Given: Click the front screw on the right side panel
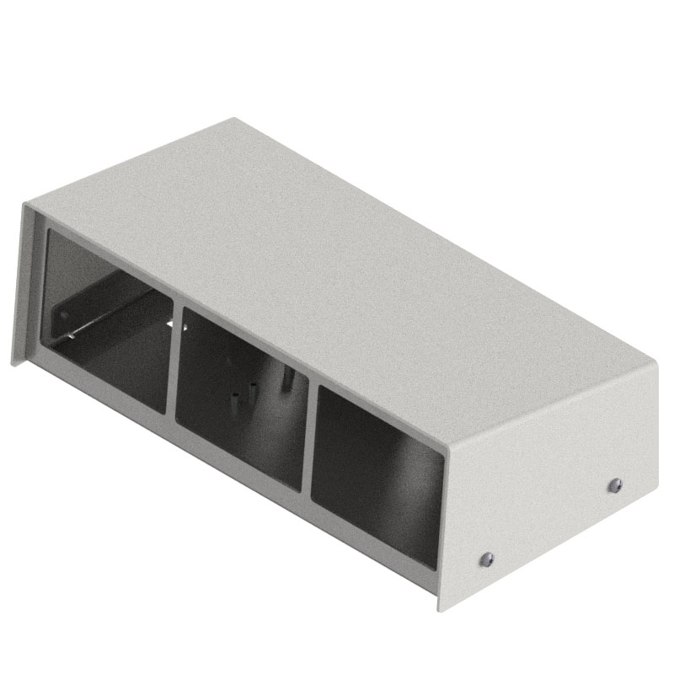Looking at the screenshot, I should point(486,558).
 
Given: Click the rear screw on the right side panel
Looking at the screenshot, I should point(615,484).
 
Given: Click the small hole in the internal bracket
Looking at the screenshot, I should point(63,316).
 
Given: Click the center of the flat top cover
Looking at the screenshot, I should point(337,278).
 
